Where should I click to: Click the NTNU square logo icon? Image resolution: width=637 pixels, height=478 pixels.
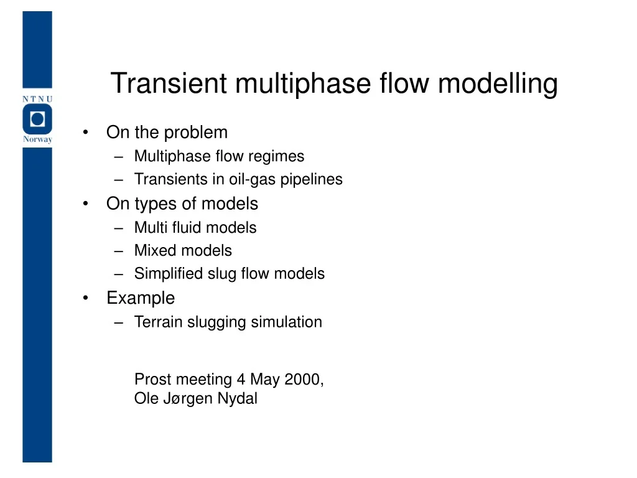tap(37, 119)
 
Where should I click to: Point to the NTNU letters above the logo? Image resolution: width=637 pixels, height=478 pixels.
tap(37, 98)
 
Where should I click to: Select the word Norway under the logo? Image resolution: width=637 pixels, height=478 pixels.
tap(37, 139)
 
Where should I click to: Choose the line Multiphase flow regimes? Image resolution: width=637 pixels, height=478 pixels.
tap(219, 156)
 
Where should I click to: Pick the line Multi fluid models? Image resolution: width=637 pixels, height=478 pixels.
tap(195, 228)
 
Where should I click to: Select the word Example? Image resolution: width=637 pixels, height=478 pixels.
tap(141, 298)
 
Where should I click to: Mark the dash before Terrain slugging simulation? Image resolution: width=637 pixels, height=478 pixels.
tap(119, 322)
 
